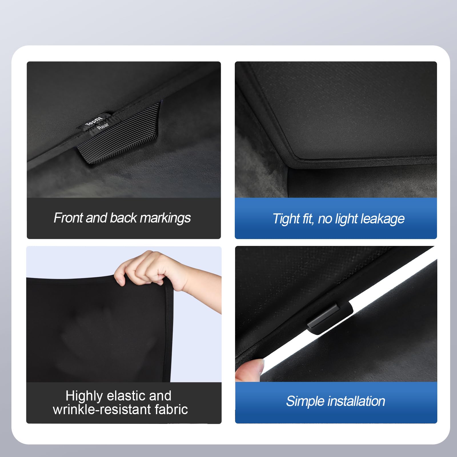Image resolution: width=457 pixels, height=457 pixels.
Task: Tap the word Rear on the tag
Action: point(103,126)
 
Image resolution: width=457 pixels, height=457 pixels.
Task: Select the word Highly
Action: point(84,396)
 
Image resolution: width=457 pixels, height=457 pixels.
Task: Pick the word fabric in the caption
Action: point(171,410)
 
